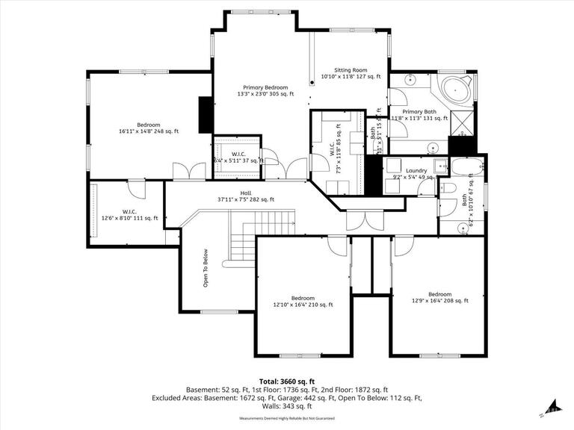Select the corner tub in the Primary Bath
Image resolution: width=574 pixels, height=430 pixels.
(455, 90)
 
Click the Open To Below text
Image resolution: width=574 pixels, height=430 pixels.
(205, 267)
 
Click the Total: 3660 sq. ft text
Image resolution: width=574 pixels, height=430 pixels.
(286, 381)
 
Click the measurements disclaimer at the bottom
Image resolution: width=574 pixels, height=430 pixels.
(286, 418)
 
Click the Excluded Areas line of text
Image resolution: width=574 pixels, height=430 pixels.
(286, 398)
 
